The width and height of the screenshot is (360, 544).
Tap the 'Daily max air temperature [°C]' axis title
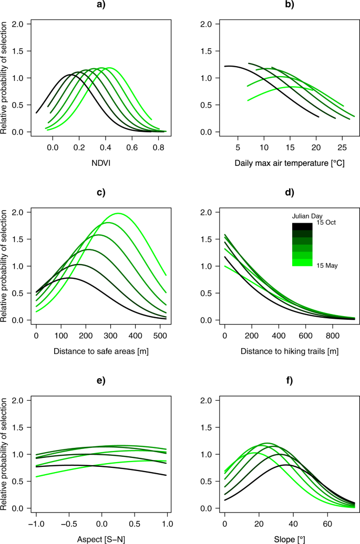pos(290,164)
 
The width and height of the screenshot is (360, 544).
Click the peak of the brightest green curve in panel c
pos(175,213)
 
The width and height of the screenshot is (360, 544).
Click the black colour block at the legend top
pos(302,226)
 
